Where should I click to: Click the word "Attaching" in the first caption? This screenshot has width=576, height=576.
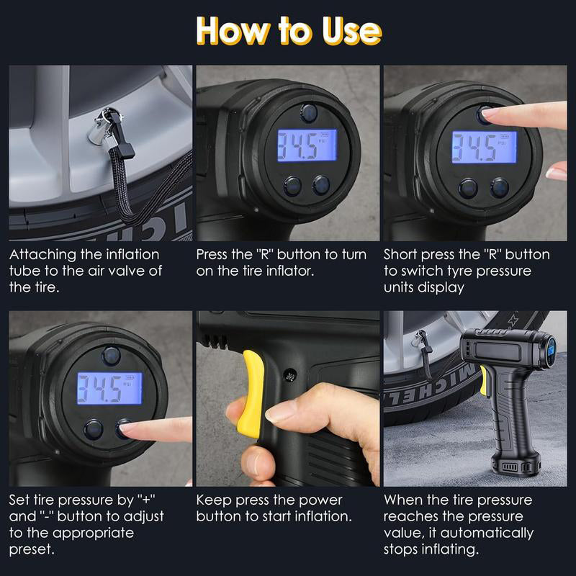(44, 255)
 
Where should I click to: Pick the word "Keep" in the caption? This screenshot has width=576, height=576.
(214, 500)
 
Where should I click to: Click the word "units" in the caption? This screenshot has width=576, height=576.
(400, 287)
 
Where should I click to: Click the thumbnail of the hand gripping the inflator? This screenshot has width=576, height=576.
(287, 399)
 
